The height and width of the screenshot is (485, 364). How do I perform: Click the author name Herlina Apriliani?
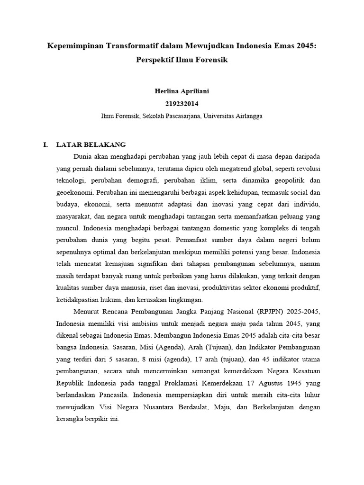pos(182,91)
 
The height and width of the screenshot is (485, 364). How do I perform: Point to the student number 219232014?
pos(182,103)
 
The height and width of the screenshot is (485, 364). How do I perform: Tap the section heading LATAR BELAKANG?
pos(91,144)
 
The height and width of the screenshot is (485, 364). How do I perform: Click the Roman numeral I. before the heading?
pos(45,144)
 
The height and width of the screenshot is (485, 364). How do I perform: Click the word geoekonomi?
pos(74,193)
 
